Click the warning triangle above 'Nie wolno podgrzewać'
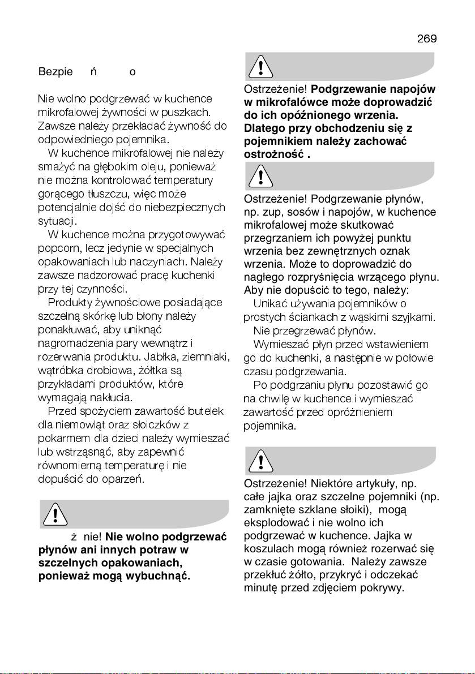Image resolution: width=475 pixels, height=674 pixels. (55, 513)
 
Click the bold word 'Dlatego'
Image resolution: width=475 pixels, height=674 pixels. (262, 128)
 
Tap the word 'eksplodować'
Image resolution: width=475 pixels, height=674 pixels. (272, 522)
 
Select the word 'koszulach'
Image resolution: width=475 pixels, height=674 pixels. (266, 549)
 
